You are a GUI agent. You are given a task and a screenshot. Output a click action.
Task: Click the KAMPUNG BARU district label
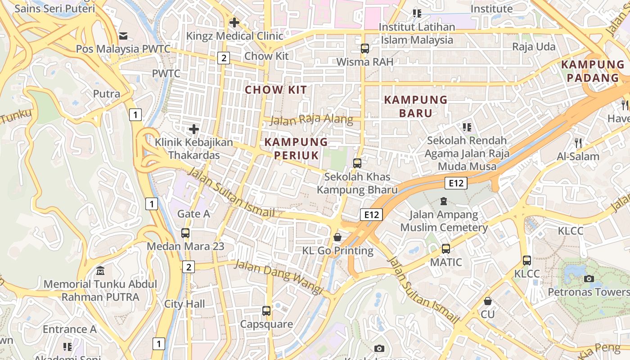coord(416,106)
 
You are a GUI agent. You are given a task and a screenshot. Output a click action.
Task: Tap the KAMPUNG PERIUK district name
coord(296,148)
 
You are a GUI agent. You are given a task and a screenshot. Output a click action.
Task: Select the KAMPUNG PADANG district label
coord(592,71)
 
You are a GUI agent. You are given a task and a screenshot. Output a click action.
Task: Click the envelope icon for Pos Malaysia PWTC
coord(123,36)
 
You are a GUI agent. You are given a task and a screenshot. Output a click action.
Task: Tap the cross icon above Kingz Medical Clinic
coord(234,22)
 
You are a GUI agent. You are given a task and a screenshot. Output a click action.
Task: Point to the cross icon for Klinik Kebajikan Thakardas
coord(194,129)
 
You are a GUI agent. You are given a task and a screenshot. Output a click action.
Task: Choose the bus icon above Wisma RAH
coord(364,48)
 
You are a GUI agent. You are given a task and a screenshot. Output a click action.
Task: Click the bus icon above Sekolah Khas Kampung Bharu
coord(357,163)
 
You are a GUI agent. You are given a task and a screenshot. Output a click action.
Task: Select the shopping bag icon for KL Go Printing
coord(337,237)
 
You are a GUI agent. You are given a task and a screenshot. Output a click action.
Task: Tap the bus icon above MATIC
coord(446,248)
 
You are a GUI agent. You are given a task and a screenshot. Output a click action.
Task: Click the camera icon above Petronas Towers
coord(589,279)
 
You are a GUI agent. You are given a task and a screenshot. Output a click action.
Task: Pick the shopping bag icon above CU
coord(487,301)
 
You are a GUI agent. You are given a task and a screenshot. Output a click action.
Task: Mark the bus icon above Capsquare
coord(266,310)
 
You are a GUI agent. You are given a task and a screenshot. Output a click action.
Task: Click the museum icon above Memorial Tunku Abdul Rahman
coord(100,271)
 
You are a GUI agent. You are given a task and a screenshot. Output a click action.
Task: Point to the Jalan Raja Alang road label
coord(311,120)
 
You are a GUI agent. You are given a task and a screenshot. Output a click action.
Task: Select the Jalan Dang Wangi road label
coord(279,277)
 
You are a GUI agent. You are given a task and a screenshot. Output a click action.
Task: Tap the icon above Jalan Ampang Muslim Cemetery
coord(444,201)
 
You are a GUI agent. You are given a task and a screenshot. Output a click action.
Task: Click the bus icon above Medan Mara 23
coord(185,233)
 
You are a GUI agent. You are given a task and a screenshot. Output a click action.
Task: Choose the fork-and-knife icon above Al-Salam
coord(578,143)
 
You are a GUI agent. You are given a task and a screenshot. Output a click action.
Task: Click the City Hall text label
coord(184,304)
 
